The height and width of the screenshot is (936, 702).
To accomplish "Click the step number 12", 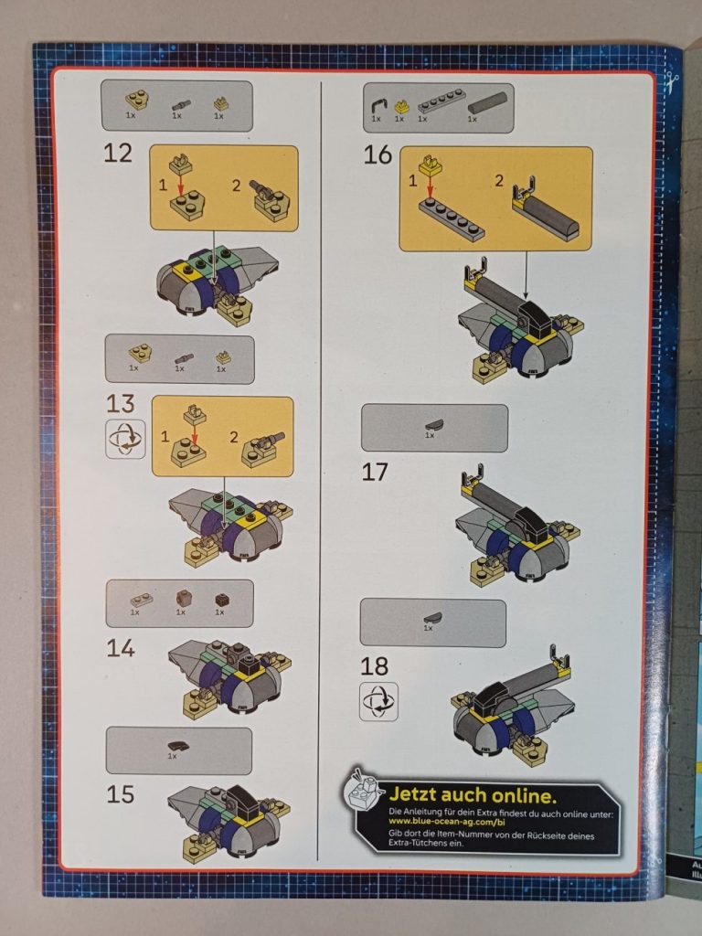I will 118,154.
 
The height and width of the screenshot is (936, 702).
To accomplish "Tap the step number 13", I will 120,403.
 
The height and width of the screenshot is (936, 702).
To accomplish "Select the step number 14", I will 120,648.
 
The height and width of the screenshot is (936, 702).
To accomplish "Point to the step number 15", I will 120,793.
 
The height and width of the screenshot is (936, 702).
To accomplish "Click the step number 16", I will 378,154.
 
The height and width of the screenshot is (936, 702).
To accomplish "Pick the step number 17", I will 375,472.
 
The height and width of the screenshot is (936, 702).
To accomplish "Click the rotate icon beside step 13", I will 125,440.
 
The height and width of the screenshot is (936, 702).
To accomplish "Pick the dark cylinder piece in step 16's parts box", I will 486,101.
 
